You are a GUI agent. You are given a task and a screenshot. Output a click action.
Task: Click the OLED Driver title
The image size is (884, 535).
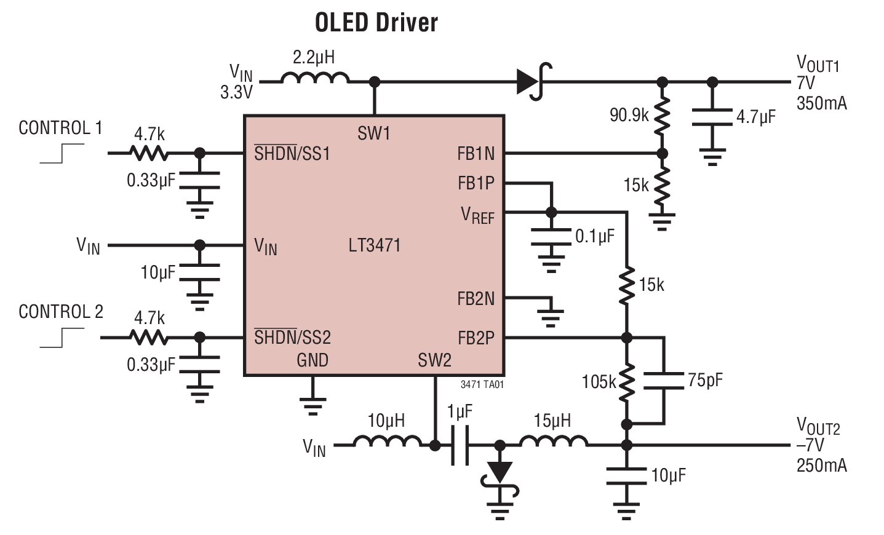(376, 23)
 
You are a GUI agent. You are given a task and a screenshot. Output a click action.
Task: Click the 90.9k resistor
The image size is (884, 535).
(662, 117)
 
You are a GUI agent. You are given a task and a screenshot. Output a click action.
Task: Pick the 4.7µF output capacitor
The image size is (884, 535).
(712, 117)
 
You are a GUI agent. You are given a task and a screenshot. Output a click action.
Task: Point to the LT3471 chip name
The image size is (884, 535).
(374, 245)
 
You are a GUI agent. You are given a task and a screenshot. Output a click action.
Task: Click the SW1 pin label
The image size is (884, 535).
(373, 133)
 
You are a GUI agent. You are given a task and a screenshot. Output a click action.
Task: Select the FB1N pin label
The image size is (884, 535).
(476, 154)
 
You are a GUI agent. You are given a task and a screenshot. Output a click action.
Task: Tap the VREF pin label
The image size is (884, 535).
(477, 215)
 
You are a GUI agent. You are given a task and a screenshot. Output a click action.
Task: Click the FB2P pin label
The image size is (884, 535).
(476, 338)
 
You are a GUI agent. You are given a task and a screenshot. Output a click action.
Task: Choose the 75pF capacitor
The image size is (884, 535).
(664, 381)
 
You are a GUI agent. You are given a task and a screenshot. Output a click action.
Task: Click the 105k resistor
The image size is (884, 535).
(626, 382)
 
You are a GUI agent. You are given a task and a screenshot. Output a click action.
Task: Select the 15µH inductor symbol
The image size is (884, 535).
(553, 442)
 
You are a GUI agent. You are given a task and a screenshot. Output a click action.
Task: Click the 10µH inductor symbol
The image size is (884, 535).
(387, 442)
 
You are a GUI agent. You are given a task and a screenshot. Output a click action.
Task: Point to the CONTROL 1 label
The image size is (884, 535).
(60, 128)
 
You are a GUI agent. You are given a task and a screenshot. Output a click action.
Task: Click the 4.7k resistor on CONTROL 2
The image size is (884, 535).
(148, 337)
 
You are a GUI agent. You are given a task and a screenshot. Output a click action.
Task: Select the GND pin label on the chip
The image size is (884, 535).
(313, 360)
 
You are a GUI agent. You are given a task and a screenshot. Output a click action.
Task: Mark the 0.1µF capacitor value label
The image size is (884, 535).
(594, 236)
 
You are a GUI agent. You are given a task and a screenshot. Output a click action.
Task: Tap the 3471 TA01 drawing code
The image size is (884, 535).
(482, 384)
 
